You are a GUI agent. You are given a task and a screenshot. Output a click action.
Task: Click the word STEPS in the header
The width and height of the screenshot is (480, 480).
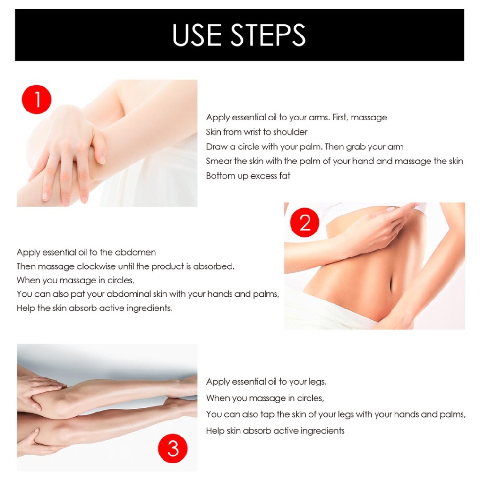[268, 35]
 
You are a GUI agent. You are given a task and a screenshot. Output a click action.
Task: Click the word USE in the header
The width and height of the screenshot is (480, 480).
[197, 35]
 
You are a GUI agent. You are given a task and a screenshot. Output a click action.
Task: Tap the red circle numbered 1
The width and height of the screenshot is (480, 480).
[37, 99]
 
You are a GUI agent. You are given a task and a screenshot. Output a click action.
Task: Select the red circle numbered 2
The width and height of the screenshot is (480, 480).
[305, 222]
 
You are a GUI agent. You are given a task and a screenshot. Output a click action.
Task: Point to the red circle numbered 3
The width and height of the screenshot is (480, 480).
[172, 449]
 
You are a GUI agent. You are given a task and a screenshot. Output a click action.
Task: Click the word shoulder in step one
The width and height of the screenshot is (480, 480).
[290, 132]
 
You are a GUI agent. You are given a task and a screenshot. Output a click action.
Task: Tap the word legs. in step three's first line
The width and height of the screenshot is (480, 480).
[317, 382]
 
